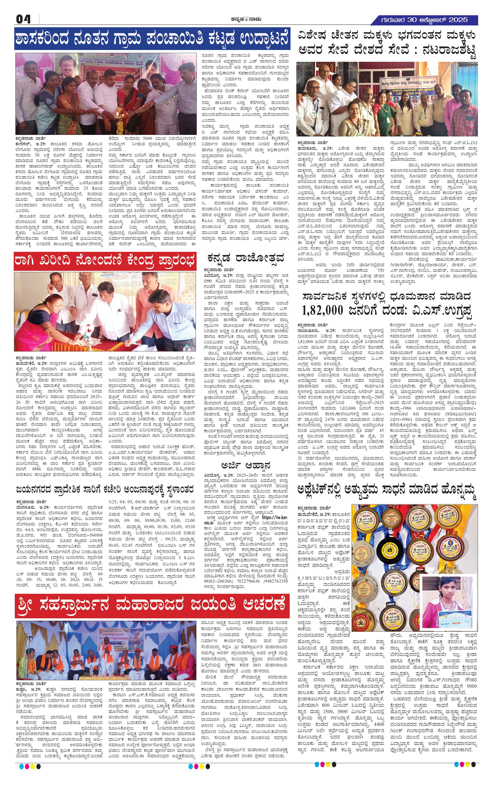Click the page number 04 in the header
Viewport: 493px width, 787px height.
23,19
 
